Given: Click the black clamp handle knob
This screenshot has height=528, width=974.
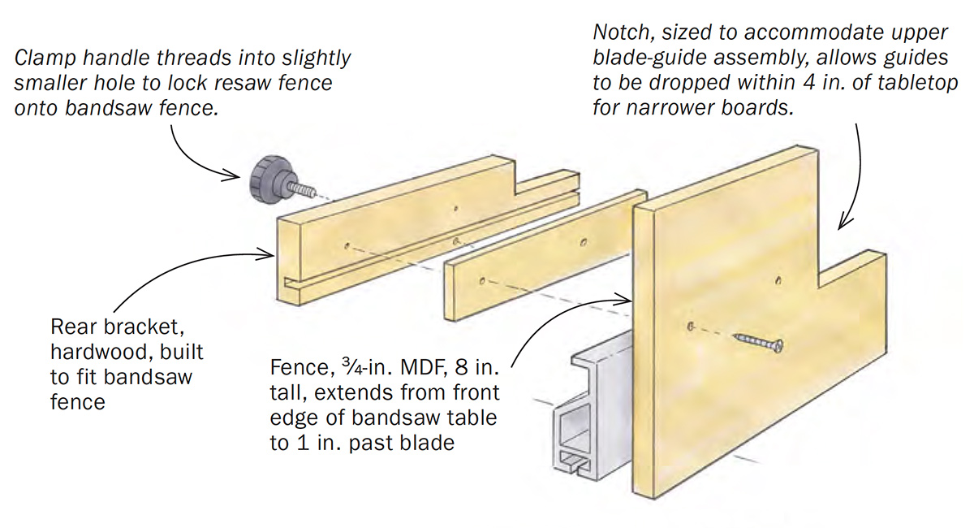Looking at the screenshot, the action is (266, 180).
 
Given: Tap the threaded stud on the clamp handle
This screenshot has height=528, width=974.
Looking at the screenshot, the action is (302, 189).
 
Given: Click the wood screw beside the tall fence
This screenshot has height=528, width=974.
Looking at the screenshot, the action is (759, 342).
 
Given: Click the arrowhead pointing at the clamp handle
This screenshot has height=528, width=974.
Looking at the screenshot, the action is (233, 175).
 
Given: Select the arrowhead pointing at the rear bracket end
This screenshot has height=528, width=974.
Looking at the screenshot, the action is (266, 253).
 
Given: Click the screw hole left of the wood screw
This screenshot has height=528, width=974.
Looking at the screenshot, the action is (690, 326).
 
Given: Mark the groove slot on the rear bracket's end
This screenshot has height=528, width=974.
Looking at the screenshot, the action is (292, 283).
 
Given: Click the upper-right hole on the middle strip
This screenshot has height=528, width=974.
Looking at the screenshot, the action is (583, 242).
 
